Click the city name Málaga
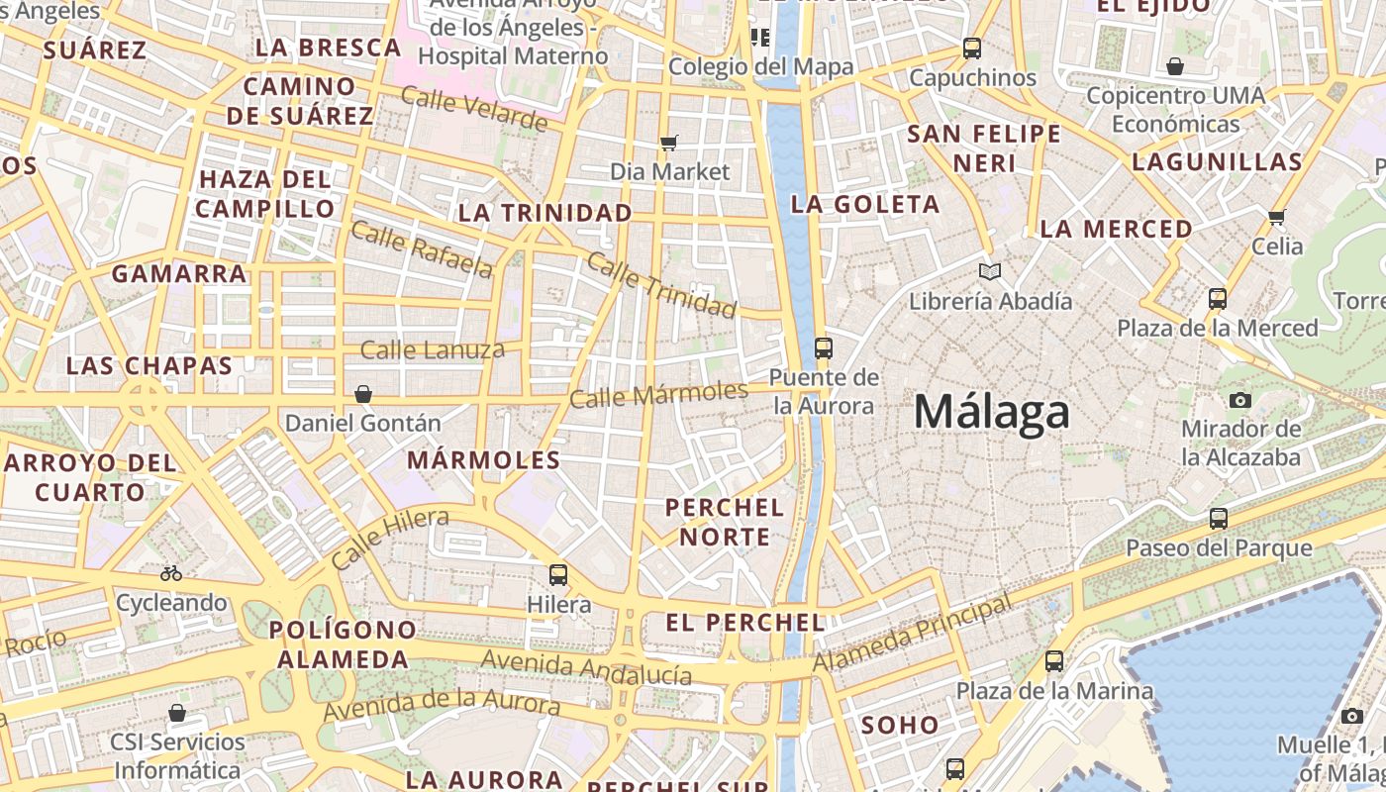[991, 412]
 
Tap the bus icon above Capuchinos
[972, 48]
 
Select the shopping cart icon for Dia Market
[669, 143]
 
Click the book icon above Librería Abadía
[989, 271]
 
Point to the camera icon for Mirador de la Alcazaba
[1239, 400]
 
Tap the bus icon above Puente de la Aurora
[823, 347]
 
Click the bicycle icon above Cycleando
[171, 573]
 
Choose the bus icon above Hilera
[558, 574]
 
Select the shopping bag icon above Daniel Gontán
[363, 394]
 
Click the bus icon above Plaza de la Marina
[1054, 660]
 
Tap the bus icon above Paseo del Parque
[1219, 518]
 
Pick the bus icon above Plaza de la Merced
[1218, 298]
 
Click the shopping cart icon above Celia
[1277, 216]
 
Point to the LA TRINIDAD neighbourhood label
[544, 213]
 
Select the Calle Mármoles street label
[658, 394]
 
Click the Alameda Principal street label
[913, 633]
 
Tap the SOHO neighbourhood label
[899, 725]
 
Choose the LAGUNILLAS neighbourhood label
[1217, 162]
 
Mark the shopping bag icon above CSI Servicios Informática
[177, 713]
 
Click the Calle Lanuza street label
[432, 349]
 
